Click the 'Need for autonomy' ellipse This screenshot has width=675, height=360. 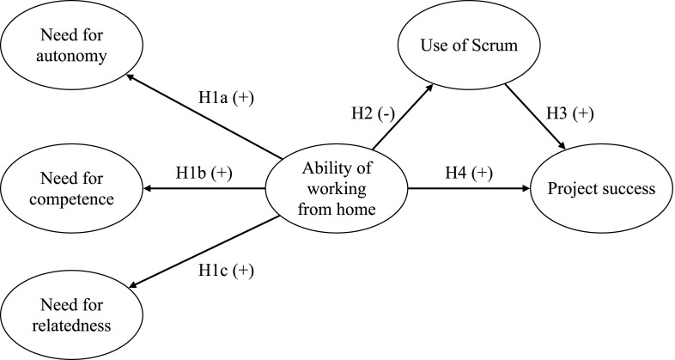[65, 46]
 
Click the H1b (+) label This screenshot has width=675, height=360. [205, 173]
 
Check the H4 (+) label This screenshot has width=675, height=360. [469, 173]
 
